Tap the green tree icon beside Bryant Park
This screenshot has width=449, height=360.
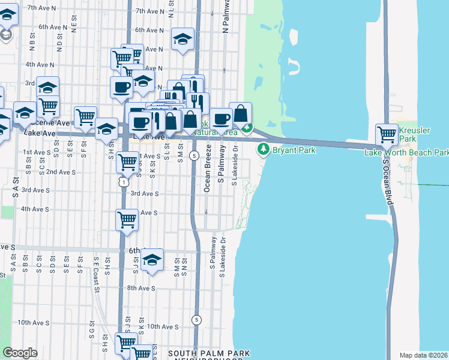[262, 149]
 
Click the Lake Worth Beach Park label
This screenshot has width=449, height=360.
[406, 152]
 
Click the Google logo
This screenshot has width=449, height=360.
[20, 353]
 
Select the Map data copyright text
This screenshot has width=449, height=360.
[424, 355]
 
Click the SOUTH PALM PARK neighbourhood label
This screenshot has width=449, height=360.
[209, 353]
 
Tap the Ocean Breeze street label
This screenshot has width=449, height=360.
[208, 169]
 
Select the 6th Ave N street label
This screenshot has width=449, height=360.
[149, 30]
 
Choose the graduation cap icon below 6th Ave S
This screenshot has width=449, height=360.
[152, 259]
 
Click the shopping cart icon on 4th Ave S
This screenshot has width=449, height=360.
[127, 220]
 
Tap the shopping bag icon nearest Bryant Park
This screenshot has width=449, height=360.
[240, 113]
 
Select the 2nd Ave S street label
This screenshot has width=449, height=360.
[61, 172]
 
